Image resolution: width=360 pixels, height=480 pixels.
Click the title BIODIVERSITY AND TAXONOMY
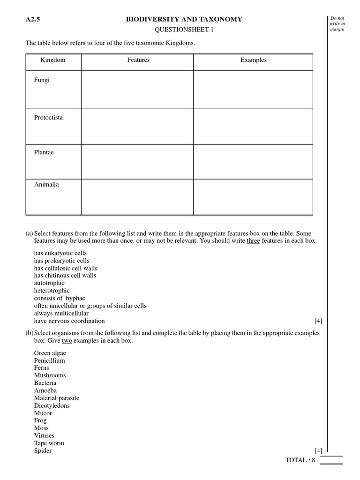click(184, 19)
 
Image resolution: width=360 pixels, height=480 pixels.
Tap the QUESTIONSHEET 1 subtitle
click(184, 30)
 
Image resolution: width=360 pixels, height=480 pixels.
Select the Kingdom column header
click(53, 60)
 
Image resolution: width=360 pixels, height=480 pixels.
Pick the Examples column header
click(253, 60)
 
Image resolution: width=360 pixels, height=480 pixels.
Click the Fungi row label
click(42, 80)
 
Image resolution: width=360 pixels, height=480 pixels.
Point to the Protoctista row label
click(48, 118)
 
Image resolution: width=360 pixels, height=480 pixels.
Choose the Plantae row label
click(44, 152)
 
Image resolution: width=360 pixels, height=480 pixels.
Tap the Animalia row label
click(46, 185)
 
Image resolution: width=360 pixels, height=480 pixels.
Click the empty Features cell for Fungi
click(137, 90)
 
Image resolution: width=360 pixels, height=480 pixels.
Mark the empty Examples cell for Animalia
click(253, 197)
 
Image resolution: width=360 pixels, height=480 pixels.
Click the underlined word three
click(253, 241)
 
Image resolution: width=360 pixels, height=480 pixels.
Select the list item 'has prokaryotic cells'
click(61, 261)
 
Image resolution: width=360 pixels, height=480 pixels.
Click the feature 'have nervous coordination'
click(69, 321)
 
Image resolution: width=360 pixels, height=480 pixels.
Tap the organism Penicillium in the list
click(49, 360)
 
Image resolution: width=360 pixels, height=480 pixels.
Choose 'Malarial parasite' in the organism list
click(57, 398)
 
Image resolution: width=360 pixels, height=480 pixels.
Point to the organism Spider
click(43, 451)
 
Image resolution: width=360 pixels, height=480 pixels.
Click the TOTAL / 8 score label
click(300, 460)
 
